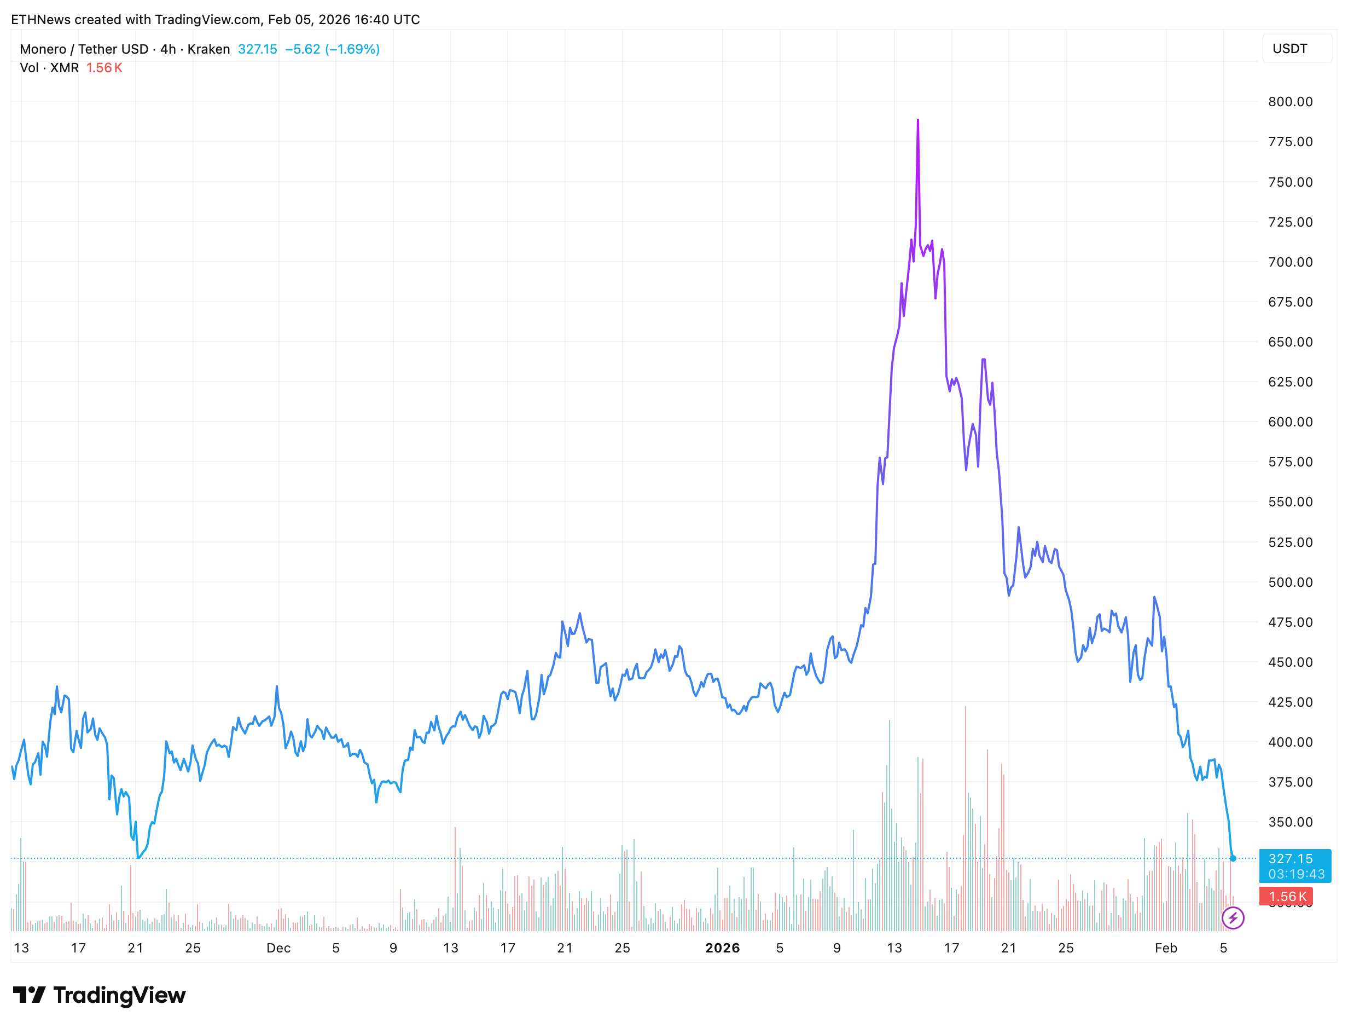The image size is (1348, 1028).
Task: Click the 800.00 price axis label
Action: pos(1290,102)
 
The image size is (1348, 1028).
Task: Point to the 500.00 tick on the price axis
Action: pos(1290,582)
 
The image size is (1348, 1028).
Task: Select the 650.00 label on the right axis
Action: pos(1290,342)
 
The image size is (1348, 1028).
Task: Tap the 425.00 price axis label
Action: pos(1290,702)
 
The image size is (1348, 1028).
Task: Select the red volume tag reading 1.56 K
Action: pos(1286,897)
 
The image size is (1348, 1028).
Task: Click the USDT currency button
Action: pos(1290,49)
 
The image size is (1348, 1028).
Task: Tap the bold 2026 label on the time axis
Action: pos(722,948)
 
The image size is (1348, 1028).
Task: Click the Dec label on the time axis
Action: pos(278,948)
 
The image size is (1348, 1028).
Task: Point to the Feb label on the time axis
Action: pos(1166,948)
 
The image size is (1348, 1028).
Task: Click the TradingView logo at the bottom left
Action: pos(99,996)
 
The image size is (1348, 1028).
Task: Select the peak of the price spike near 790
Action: pos(918,120)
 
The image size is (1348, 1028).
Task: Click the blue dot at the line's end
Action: pos(1233,858)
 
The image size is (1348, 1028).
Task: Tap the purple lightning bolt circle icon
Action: pos(1233,918)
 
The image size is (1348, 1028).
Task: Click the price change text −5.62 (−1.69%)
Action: pos(332,49)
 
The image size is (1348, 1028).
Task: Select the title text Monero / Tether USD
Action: pos(84,49)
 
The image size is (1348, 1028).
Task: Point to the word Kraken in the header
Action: pos(208,49)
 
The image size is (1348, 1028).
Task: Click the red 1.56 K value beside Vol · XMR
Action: pos(104,68)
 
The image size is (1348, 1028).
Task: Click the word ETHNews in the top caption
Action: pos(41,20)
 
